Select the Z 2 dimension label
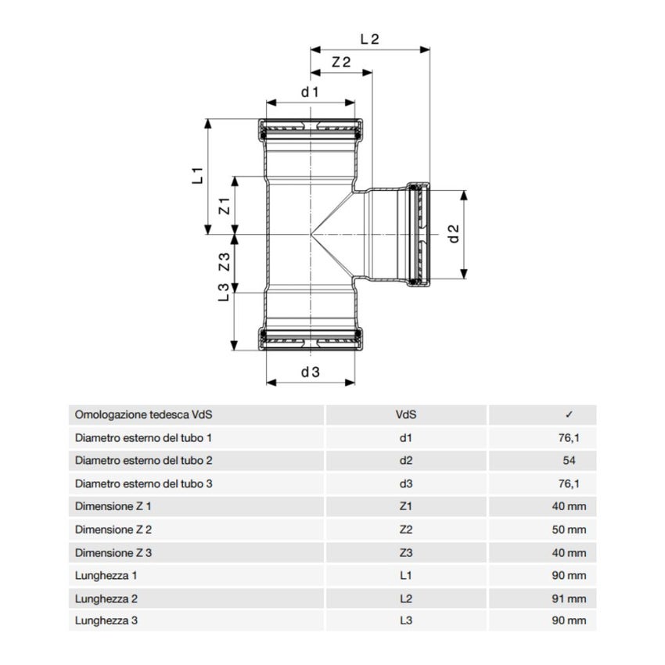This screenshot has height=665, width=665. click(x=340, y=63)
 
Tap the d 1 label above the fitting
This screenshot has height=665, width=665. click(x=311, y=92)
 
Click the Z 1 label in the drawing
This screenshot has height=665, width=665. click(x=224, y=207)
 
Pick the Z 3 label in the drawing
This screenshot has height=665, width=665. click(x=224, y=263)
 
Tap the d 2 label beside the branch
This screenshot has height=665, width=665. click(x=453, y=232)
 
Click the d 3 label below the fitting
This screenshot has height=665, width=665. click(x=311, y=372)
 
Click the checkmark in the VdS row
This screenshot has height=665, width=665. click(x=569, y=415)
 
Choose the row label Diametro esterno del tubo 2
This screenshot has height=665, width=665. click(x=143, y=461)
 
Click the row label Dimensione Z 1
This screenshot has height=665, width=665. click(x=113, y=507)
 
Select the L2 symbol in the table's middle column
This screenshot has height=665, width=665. click(x=405, y=598)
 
